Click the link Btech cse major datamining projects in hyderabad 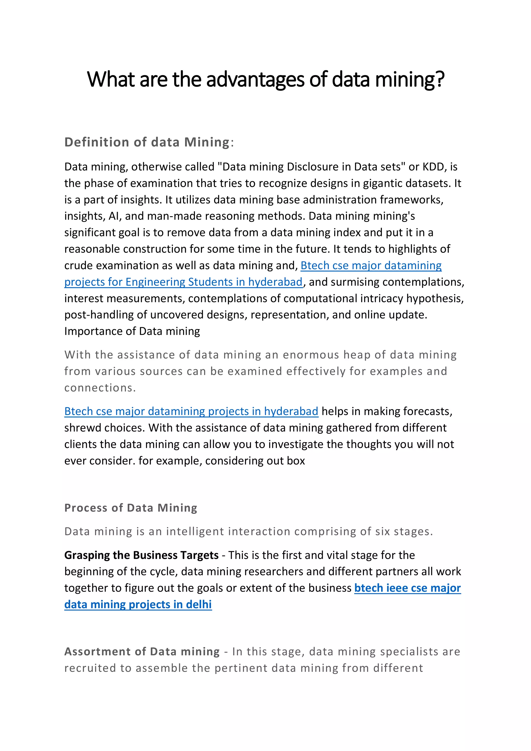(191, 411)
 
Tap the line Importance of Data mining (132, 331)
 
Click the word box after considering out (296, 461)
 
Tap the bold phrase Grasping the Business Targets (141, 555)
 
